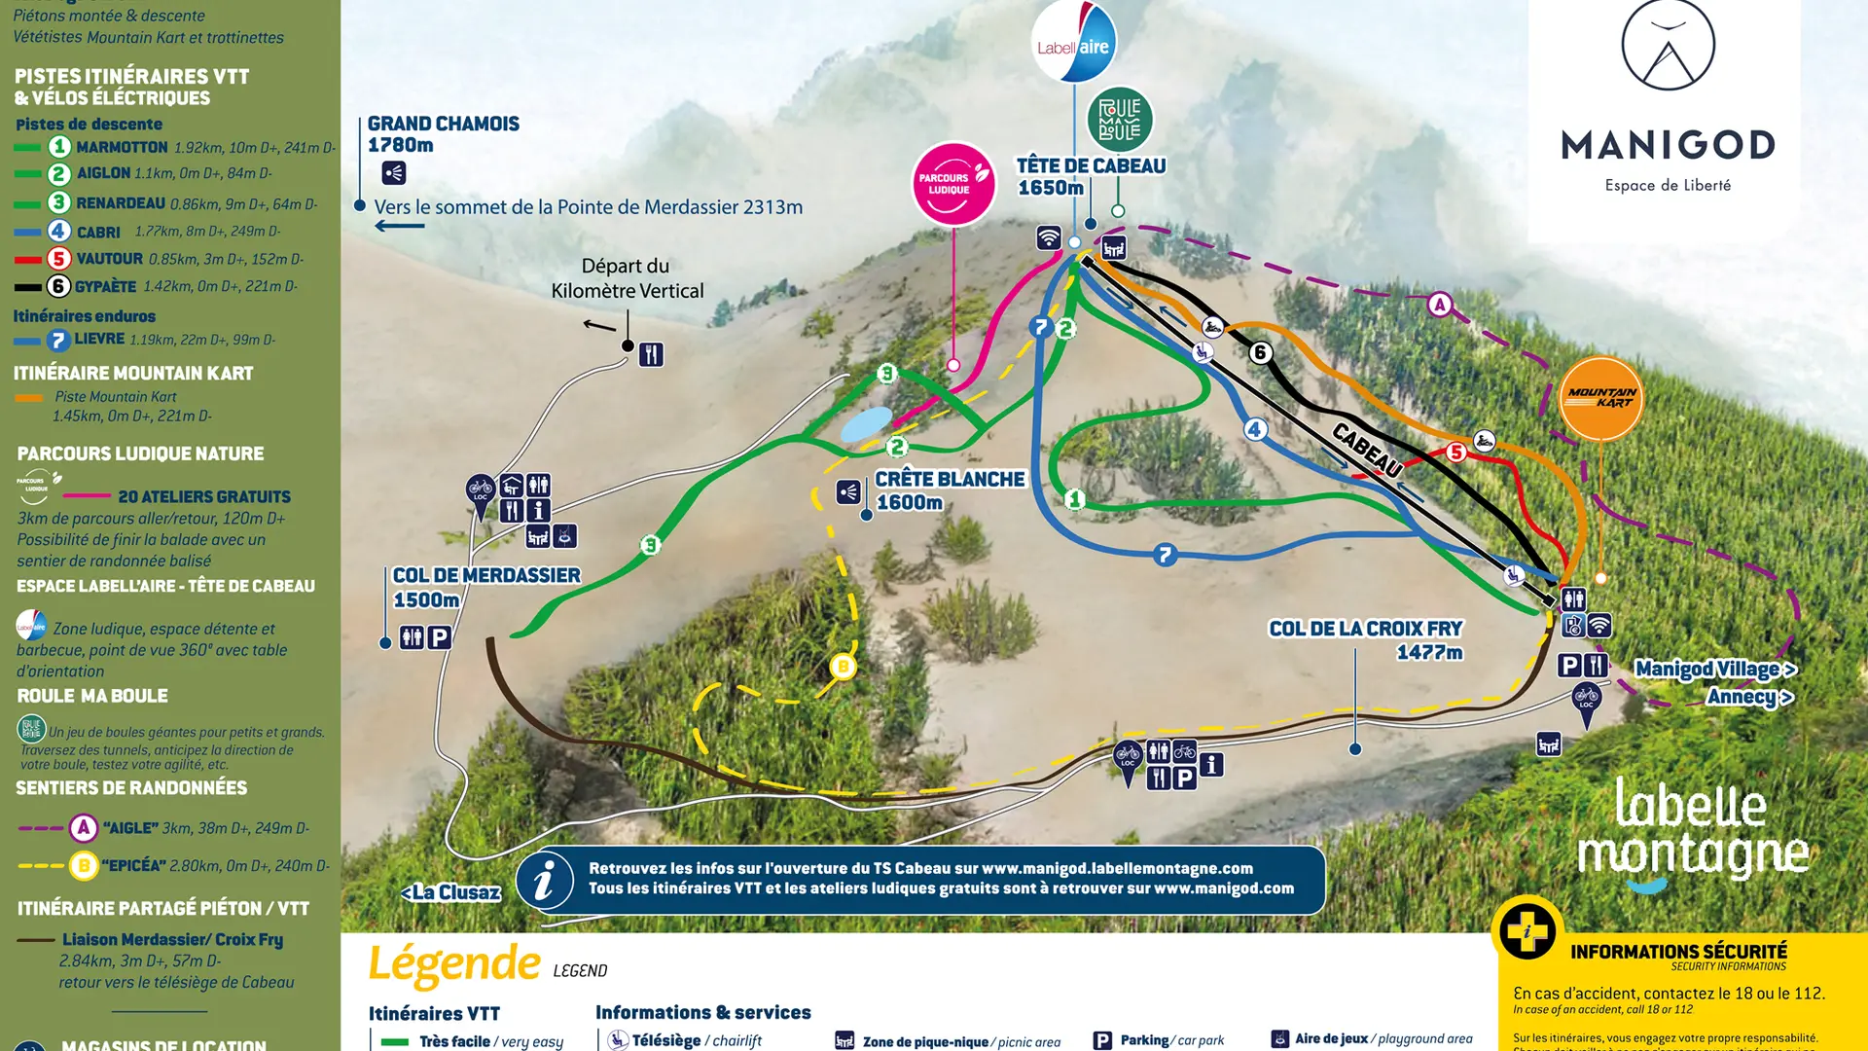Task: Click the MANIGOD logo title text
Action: pos(1668,146)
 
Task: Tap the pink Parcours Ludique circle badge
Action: pos(953,183)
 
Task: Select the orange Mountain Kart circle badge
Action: pos(1600,398)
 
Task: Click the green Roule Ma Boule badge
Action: pos(1120,120)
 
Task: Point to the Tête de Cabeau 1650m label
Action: pos(1090,176)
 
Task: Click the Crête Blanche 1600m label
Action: pos(949,490)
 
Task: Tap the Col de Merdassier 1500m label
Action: pos(485,587)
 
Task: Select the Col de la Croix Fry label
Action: pos(1366,639)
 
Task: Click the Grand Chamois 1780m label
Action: pos(443,134)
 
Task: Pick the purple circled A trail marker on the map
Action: pos(1440,305)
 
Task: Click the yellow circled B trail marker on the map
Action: pos(843,667)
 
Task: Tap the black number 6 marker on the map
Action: pos(1260,352)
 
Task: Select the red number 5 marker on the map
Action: pos(1456,452)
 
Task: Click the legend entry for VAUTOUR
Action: pos(109,259)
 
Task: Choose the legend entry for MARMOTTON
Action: pos(122,147)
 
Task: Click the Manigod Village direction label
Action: pos(1714,670)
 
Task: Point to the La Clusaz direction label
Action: pos(451,892)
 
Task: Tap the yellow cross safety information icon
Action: pos(1527,929)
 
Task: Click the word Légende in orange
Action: pos(454,963)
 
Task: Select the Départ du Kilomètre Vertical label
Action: pos(627,278)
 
